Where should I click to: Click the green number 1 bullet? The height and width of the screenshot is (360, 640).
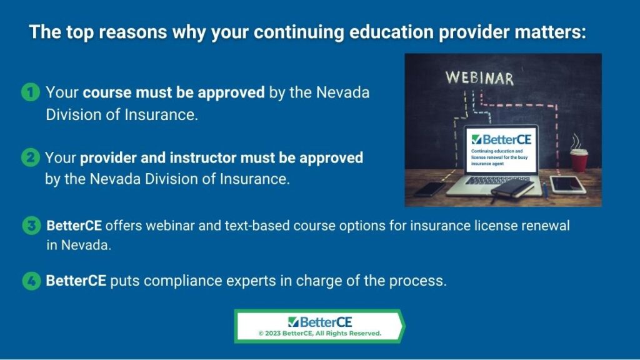pyautogui.click(x=30, y=92)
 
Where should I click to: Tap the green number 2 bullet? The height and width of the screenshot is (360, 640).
pyautogui.click(x=30, y=157)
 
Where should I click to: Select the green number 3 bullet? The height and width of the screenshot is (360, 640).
pyautogui.click(x=31, y=225)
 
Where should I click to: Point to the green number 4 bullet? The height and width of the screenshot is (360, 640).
pyautogui.click(x=31, y=281)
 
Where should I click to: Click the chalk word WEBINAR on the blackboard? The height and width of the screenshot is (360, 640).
pyautogui.click(x=479, y=77)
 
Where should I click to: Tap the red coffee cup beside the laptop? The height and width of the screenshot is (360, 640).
pyautogui.click(x=579, y=160)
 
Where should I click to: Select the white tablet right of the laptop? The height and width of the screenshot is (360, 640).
pyautogui.click(x=567, y=184)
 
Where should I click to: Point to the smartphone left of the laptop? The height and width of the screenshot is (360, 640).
pyautogui.click(x=430, y=189)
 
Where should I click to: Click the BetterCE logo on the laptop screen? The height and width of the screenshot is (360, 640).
pyautogui.click(x=501, y=139)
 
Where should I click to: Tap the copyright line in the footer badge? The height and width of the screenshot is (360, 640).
pyautogui.click(x=319, y=334)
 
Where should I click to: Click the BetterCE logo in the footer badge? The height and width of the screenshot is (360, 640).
pyautogui.click(x=319, y=322)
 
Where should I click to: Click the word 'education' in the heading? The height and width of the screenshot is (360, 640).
pyautogui.click(x=391, y=32)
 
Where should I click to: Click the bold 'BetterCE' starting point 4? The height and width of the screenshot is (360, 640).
pyautogui.click(x=76, y=281)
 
